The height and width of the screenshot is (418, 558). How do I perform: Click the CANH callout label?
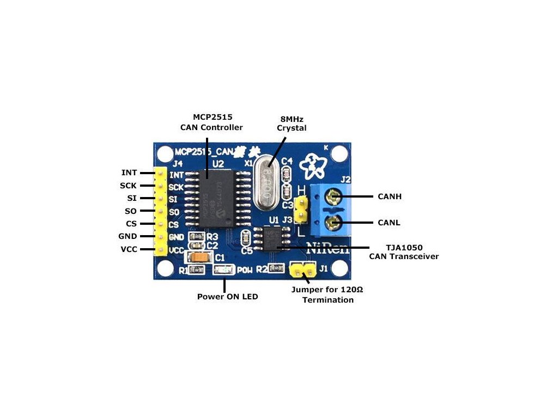(x=389, y=196)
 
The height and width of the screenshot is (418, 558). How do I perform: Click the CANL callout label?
(x=389, y=223)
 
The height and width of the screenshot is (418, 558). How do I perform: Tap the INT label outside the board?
(x=129, y=173)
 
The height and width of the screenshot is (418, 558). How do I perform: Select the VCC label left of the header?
(x=129, y=249)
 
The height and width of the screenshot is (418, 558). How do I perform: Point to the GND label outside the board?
(x=128, y=236)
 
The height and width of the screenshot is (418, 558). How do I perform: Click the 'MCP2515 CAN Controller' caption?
(x=211, y=122)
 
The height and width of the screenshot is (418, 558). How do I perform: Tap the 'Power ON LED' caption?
(x=227, y=297)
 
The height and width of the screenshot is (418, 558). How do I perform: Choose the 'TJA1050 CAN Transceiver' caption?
(x=404, y=251)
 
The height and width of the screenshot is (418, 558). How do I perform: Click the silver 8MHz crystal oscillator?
(x=267, y=182)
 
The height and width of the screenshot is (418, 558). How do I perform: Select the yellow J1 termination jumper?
(x=303, y=268)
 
